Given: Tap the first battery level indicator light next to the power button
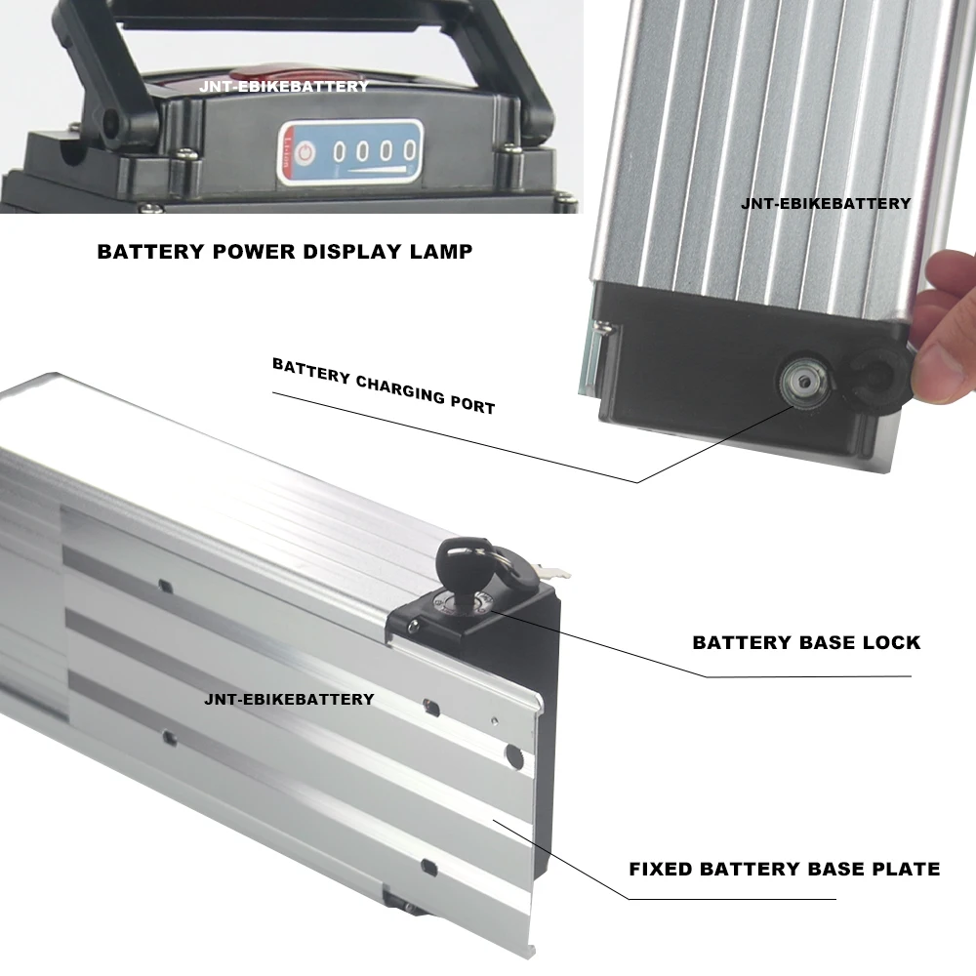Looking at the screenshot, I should [x=341, y=152].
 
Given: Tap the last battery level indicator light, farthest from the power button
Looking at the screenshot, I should [x=397, y=152].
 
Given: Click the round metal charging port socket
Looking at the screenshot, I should [x=802, y=377].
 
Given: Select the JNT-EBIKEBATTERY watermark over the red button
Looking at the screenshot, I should [x=284, y=86].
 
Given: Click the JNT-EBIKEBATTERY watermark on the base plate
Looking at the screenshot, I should [x=289, y=699].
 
